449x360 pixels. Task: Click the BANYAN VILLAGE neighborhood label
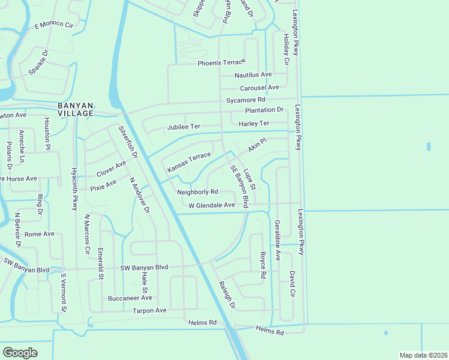click(75, 109)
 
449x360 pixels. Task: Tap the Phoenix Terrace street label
click(221, 62)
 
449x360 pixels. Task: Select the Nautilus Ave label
click(253, 74)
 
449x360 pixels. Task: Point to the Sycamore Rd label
click(246, 100)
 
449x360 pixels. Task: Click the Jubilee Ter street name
click(183, 127)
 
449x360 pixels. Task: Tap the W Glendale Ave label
click(211, 205)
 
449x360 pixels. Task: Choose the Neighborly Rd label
click(197, 192)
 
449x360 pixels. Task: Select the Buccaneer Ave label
click(130, 298)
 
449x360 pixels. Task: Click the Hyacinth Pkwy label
click(75, 187)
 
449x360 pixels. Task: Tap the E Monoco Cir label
click(53, 25)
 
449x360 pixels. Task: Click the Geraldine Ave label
click(277, 239)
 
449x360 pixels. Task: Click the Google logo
click(20, 352)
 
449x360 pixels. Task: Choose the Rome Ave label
click(39, 234)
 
